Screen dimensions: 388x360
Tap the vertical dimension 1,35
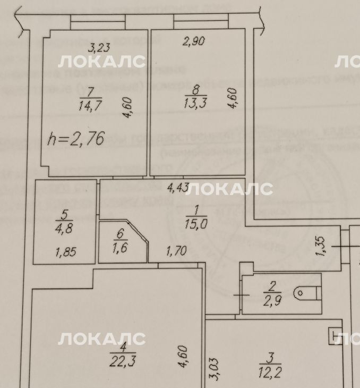click(320, 248)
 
